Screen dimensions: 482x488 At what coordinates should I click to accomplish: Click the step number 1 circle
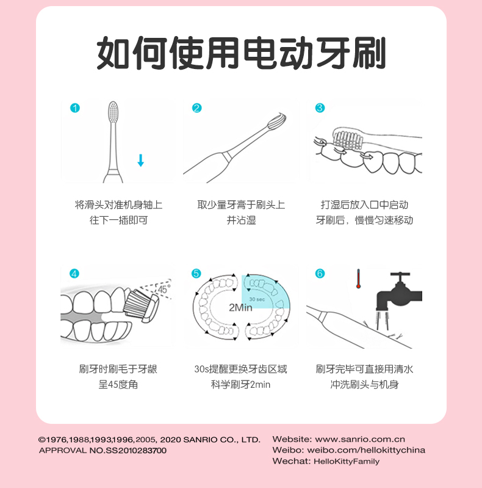75,108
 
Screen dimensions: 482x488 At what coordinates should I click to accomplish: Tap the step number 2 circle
197,108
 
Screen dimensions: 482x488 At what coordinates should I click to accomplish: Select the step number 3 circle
320,108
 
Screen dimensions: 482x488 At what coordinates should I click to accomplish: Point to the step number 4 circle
74,274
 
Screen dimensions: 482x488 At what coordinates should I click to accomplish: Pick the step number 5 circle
196,274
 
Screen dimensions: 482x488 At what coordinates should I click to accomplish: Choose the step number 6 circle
320,274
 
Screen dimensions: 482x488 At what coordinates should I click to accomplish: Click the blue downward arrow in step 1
140,160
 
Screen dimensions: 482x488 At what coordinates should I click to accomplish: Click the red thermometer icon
358,279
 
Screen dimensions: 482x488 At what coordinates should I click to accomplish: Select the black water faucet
400,291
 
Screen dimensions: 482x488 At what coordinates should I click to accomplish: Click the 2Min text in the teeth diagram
240,307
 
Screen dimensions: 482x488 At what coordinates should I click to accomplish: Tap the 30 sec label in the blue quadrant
257,299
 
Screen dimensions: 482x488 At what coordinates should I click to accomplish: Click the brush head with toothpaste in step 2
276,122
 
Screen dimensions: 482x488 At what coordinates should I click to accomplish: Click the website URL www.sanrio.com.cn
360,439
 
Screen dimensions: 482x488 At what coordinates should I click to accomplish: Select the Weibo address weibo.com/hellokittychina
366,450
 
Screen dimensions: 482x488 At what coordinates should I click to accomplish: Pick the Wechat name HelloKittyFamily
347,461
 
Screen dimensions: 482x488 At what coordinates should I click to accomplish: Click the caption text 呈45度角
118,385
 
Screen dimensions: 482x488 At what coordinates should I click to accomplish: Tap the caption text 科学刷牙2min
240,385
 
